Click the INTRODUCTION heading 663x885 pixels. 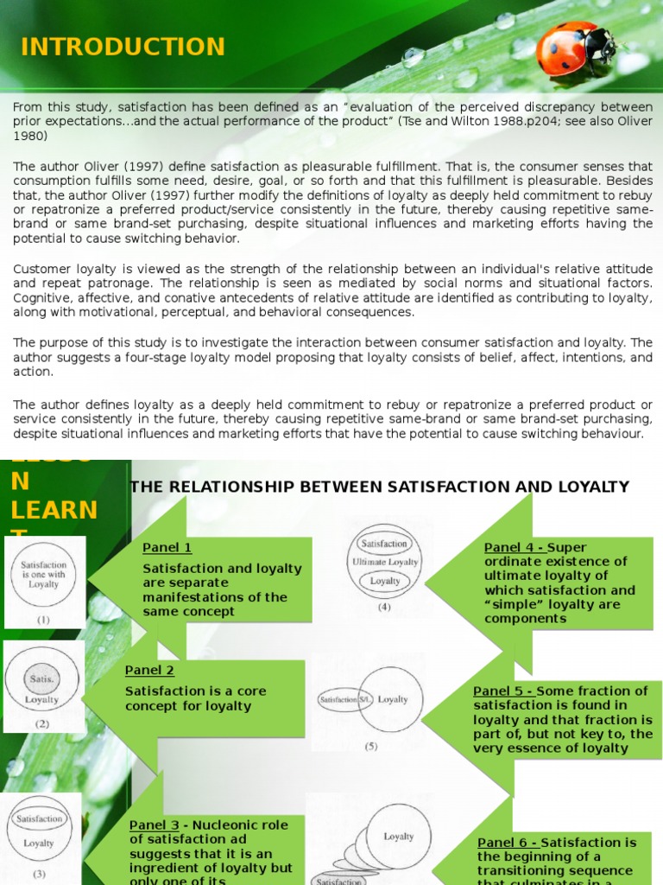[x=123, y=47]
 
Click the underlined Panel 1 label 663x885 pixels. [x=167, y=547]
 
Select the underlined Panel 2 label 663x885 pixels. [x=149, y=670]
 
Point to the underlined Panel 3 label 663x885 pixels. [x=154, y=825]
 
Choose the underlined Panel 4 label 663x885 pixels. [x=514, y=547]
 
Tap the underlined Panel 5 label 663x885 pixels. [x=503, y=691]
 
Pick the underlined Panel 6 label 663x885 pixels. [x=508, y=842]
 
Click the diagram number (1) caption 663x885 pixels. [x=43, y=620]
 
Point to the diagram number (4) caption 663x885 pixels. [x=384, y=607]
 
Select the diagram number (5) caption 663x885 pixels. [x=370, y=746]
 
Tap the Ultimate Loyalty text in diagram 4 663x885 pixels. [x=384, y=562]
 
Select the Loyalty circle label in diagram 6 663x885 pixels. [x=398, y=837]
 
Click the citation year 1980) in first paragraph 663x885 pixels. [x=30, y=136]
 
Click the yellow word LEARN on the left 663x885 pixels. [x=54, y=510]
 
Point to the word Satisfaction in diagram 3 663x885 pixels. [x=40, y=818]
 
